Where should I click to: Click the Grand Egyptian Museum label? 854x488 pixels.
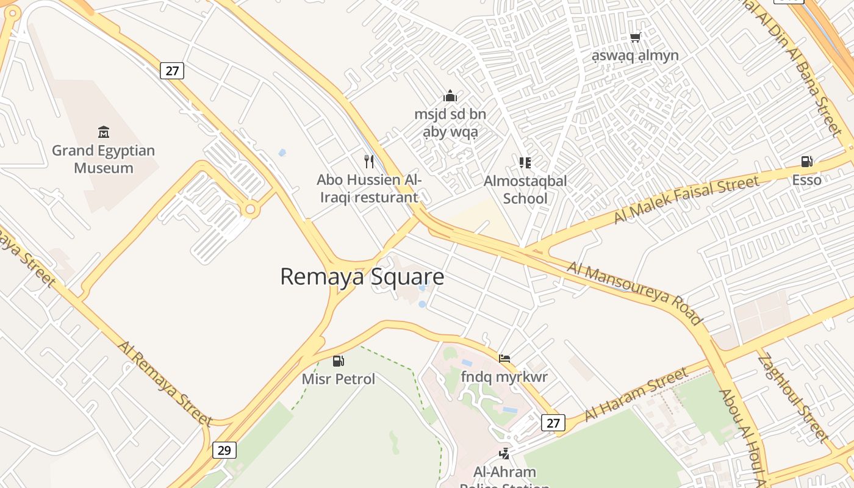(103, 159)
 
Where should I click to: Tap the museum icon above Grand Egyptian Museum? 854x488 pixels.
(103, 132)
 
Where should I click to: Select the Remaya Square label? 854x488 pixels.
(362, 277)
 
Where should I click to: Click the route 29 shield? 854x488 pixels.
(224, 450)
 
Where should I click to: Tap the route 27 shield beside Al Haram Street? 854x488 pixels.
(553, 423)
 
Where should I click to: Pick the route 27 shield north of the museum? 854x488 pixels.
(173, 71)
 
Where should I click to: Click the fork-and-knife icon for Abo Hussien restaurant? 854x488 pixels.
(368, 161)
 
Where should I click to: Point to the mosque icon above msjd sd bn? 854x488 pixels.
(450, 96)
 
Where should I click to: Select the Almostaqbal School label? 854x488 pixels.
(525, 189)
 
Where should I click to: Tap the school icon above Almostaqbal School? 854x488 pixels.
(525, 162)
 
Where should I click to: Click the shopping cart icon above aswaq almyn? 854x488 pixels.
(635, 38)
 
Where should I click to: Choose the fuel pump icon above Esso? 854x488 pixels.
(806, 162)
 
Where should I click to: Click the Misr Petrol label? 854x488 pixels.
(339, 379)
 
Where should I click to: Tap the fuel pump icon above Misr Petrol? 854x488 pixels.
(338, 361)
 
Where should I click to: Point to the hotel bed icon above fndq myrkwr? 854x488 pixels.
(504, 359)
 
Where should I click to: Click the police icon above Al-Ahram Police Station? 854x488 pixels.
(504, 453)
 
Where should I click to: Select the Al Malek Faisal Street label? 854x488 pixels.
(686, 199)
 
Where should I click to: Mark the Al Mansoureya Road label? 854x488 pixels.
(635, 293)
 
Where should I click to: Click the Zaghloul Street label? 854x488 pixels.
(793, 396)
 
